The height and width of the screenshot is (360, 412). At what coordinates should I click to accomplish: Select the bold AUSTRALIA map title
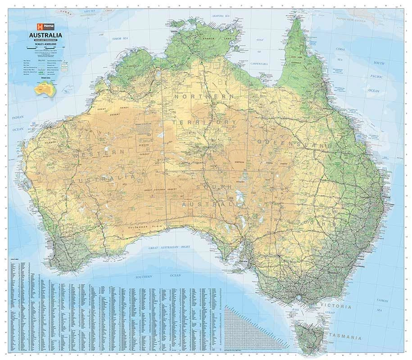[x=45, y=35]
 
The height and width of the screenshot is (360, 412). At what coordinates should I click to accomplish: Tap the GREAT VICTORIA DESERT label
[x=161, y=190]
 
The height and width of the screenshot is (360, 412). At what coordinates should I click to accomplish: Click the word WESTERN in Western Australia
[x=97, y=153]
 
